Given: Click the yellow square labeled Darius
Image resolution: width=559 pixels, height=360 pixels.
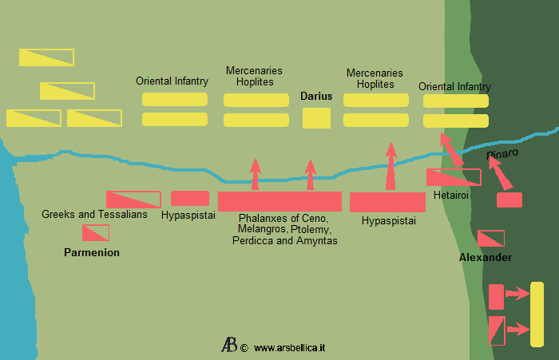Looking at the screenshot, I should click(x=316, y=117).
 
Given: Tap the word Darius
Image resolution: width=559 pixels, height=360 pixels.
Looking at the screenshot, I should click(x=316, y=97).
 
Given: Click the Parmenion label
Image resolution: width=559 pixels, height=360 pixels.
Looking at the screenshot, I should click(x=92, y=253).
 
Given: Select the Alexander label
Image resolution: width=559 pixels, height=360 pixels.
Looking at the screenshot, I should click(x=486, y=258).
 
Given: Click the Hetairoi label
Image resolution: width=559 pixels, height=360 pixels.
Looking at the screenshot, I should click(x=451, y=194).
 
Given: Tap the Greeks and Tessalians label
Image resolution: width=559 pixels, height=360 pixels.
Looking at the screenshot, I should click(x=94, y=215).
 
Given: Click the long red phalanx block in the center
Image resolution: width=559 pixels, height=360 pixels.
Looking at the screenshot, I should click(x=279, y=201).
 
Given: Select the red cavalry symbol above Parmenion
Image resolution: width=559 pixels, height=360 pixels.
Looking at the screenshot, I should click(x=96, y=232).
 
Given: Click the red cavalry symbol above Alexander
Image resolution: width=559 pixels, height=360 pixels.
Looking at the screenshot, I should click(x=490, y=238).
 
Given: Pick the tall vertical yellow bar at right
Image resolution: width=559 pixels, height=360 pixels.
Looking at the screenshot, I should click(x=537, y=314).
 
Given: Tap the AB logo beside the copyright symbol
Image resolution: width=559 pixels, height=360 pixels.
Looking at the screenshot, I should click(x=229, y=346).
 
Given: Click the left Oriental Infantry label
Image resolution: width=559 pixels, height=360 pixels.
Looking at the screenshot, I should click(x=172, y=81).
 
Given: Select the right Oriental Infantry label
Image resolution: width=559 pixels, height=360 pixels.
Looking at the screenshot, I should click(x=454, y=86).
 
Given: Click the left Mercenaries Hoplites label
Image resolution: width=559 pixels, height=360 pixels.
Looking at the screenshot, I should click(x=254, y=77).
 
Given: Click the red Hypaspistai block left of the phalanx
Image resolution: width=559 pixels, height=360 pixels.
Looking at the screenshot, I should click(x=190, y=199).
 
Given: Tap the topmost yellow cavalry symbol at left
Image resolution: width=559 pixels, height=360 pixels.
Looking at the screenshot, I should click(x=46, y=57).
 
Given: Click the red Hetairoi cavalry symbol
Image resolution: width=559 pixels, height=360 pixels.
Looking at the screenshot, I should click(x=453, y=177).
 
